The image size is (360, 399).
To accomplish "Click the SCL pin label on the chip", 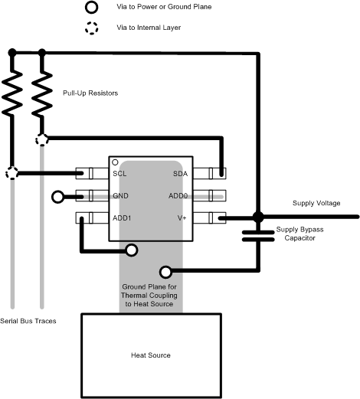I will (x=119, y=174).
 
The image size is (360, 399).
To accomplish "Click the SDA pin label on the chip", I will (x=181, y=174).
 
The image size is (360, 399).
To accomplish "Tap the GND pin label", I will (x=120, y=196).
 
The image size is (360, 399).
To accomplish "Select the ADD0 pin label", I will (x=178, y=196).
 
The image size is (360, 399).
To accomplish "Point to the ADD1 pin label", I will (x=121, y=217).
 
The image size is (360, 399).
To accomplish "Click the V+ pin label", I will (x=182, y=217).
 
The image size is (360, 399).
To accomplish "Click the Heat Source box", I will (x=150, y=355).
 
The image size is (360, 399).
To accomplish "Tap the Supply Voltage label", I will (x=317, y=203).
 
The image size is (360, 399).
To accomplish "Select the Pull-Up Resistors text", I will (x=91, y=93).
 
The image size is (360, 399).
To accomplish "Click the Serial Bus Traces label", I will (x=28, y=321).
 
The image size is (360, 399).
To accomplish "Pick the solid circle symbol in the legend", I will (x=91, y=8).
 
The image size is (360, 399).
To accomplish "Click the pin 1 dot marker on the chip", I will (x=115, y=163).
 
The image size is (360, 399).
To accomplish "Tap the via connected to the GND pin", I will (x=57, y=197).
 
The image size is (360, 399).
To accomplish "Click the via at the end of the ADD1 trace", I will (x=132, y=250).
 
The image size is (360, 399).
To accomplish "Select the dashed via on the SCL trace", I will (x=11, y=173).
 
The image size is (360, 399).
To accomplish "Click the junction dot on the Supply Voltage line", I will (x=257, y=217).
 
